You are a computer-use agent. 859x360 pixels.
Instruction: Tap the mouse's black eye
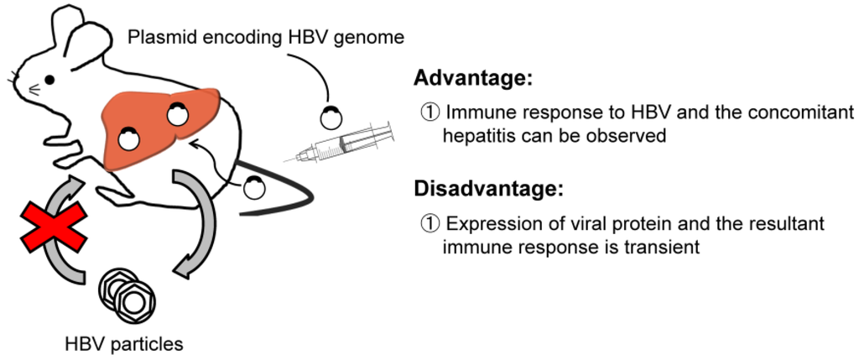(x=49, y=80)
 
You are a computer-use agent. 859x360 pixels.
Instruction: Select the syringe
(x=347, y=142)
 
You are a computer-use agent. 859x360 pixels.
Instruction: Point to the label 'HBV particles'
(x=123, y=343)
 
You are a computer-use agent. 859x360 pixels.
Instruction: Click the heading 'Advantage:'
(x=473, y=80)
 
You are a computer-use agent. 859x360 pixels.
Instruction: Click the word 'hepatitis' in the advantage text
(x=479, y=135)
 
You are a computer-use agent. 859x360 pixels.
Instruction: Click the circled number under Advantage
(x=429, y=113)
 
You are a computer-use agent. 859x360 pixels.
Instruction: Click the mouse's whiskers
(x=13, y=81)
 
